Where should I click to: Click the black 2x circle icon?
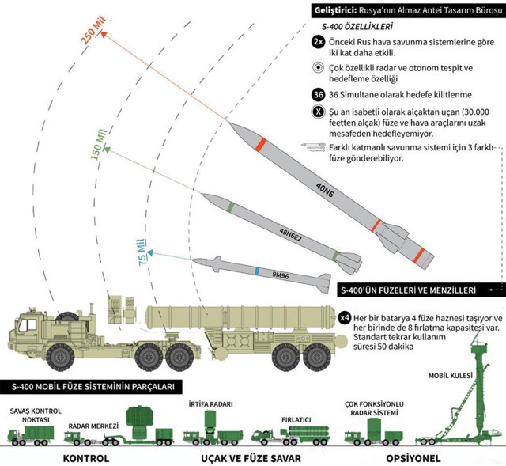coord(318,40)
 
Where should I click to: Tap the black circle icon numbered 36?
coord(318,95)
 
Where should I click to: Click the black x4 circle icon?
coord(345,318)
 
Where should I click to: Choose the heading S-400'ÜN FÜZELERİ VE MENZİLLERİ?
coord(419,289)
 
